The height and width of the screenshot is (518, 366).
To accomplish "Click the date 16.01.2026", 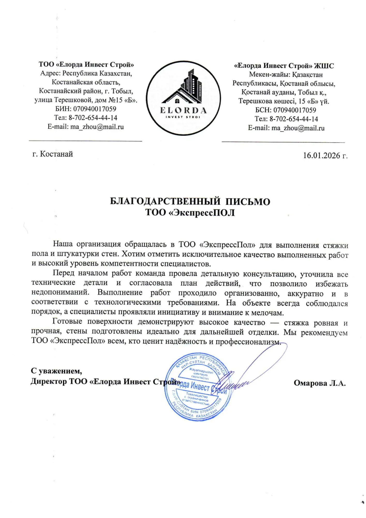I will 322,155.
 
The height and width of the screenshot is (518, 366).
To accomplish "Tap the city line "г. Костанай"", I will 53,154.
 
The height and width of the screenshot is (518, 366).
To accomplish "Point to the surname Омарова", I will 310,383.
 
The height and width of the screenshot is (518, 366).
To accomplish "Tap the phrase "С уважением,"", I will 56,371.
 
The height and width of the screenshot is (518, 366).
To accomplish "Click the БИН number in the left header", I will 95,109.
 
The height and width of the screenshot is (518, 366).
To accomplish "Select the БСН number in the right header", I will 295,110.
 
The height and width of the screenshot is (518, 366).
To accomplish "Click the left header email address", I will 97,127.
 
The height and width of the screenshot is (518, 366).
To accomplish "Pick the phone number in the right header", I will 294,119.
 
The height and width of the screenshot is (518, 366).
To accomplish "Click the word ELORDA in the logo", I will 183,111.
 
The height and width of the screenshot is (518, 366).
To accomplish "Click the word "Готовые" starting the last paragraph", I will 67,321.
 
